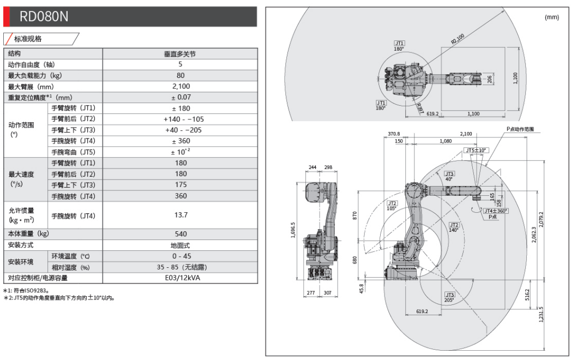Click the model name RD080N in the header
click(x=44, y=17)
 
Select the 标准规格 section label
click(x=32, y=39)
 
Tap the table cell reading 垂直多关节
click(x=180, y=54)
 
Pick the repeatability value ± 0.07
click(x=180, y=97)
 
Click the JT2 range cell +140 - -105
click(x=180, y=119)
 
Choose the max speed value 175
click(x=180, y=185)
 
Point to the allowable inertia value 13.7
click(x=180, y=216)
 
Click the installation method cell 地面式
click(x=180, y=245)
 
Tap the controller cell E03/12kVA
click(x=180, y=278)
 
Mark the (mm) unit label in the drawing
click(x=552, y=17)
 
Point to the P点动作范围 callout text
click(x=520, y=129)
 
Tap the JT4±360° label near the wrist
click(x=495, y=211)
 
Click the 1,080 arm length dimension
click(x=446, y=141)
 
